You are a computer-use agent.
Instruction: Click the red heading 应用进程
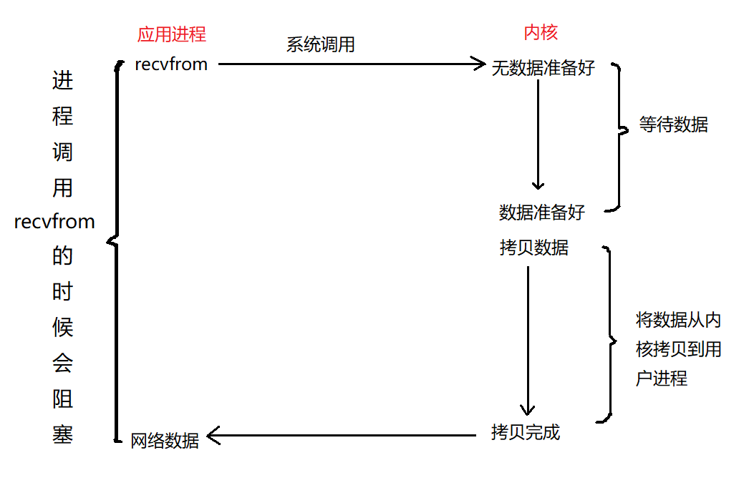click(171, 34)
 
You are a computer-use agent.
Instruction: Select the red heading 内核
click(541, 32)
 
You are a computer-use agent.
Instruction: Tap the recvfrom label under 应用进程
click(171, 64)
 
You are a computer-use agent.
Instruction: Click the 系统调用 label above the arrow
click(320, 44)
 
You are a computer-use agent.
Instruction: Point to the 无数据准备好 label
click(543, 69)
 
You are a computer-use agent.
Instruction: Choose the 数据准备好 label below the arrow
click(542, 213)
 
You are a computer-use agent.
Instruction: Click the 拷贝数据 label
click(534, 248)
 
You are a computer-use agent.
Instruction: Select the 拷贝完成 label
click(526, 432)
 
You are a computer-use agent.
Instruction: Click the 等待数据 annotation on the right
click(673, 125)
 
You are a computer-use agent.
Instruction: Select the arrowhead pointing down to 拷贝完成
click(527, 409)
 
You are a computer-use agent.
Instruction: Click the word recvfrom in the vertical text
click(54, 222)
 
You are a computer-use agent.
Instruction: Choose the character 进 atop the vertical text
click(62, 81)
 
